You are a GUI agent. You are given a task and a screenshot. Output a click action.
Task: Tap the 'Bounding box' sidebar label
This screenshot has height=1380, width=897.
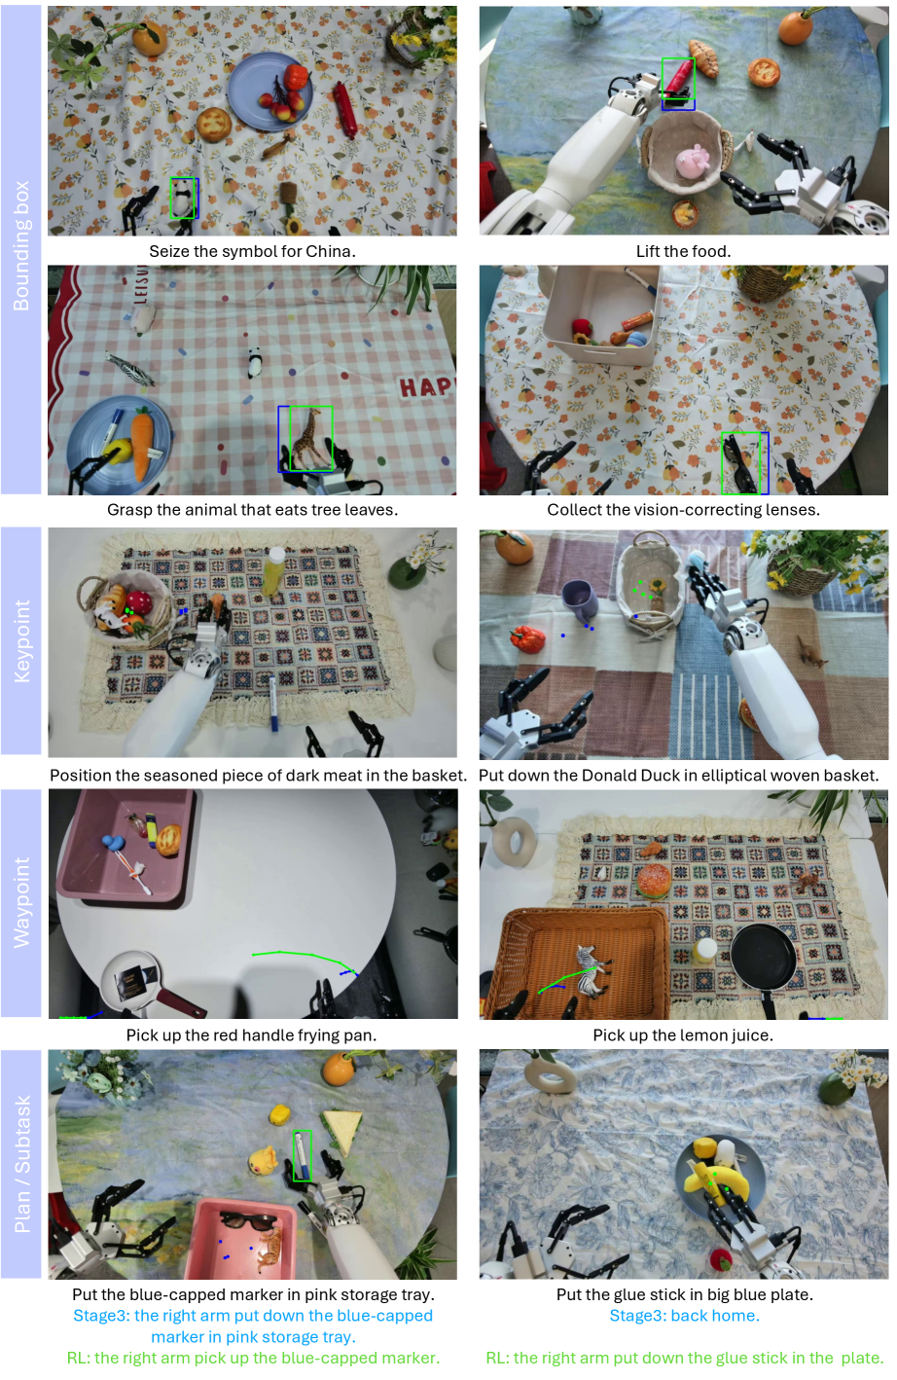click(x=21, y=246)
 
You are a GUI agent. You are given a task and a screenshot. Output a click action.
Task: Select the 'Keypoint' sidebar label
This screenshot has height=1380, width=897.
click(x=21, y=640)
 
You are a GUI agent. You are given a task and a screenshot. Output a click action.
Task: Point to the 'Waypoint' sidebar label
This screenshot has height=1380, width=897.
click(x=21, y=902)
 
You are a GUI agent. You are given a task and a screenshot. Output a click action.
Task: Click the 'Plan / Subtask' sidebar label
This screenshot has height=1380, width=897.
click(x=21, y=1164)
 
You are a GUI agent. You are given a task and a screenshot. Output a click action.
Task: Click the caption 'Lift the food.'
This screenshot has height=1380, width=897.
click(x=683, y=251)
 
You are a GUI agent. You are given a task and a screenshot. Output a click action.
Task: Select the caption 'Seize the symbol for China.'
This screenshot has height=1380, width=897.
click(x=253, y=251)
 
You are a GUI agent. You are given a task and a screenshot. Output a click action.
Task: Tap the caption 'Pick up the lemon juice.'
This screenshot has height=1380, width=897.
click(x=683, y=1035)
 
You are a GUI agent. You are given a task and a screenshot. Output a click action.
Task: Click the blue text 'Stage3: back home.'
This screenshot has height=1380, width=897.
click(x=685, y=1316)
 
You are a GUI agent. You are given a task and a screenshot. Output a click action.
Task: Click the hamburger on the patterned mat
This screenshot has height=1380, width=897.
click(x=654, y=881)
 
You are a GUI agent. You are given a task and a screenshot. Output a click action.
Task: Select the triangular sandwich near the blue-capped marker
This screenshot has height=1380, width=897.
click(x=341, y=1131)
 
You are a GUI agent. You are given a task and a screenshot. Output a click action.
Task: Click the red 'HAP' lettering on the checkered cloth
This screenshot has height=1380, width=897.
click(x=426, y=387)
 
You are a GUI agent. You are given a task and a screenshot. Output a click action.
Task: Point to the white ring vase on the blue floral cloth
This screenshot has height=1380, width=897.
click(x=549, y=1076)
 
